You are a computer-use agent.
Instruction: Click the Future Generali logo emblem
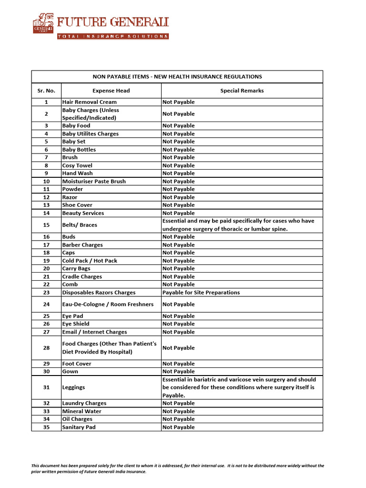[43, 23]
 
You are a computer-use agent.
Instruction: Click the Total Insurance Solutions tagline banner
[112, 36]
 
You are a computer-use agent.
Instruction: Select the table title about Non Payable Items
[177, 77]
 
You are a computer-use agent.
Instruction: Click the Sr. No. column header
[46, 91]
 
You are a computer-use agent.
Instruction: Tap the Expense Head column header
[111, 91]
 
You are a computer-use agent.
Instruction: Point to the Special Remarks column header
[242, 91]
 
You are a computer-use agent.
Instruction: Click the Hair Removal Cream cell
[90, 102]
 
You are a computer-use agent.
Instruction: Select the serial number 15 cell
[46, 225]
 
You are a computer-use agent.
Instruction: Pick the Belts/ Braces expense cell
[80, 225]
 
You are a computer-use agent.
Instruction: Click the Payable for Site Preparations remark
[201, 293]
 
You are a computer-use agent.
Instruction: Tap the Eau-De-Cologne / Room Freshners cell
[108, 304]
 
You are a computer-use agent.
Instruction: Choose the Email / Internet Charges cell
[94, 332]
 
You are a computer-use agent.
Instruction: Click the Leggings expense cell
[73, 387]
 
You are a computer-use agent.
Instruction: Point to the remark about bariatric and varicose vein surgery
[239, 387]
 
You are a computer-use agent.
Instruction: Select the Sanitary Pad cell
[79, 427]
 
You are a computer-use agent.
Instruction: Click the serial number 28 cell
[46, 348]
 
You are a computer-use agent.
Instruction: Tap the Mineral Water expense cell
[81, 411]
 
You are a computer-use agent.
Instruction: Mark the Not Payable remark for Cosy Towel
[178, 165]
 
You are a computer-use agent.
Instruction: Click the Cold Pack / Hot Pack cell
[90, 261]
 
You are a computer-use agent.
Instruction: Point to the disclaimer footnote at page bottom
[177, 468]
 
